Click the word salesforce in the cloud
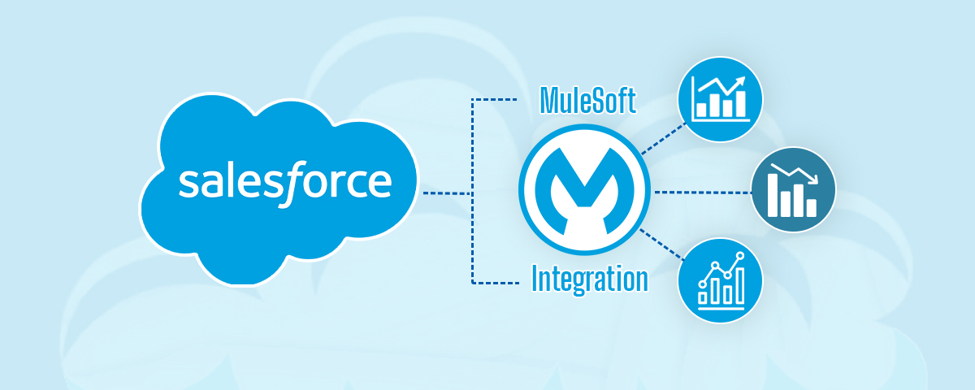[x=285, y=183]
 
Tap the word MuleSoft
[x=588, y=102]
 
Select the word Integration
[x=589, y=279]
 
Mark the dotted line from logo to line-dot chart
[x=662, y=245]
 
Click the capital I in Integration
[x=536, y=279]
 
